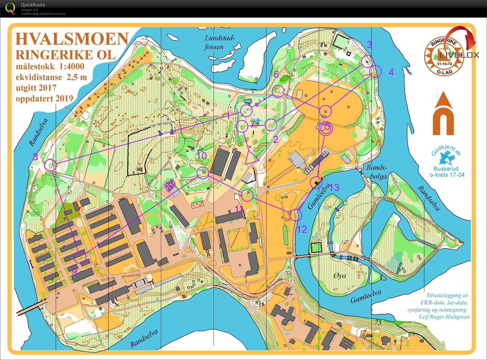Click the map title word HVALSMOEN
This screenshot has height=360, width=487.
72,39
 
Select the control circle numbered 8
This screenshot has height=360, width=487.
50,165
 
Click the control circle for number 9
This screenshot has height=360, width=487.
80,257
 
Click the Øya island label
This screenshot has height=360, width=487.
340,276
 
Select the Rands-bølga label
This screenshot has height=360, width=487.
377,172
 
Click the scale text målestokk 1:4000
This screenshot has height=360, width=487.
50,67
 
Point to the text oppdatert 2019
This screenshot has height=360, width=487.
44,98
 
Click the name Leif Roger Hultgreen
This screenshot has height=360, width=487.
444,317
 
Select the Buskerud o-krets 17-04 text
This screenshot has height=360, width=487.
447,172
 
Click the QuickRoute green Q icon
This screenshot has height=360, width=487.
10,8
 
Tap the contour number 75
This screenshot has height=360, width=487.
378,322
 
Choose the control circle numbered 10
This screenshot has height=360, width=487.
203,173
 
